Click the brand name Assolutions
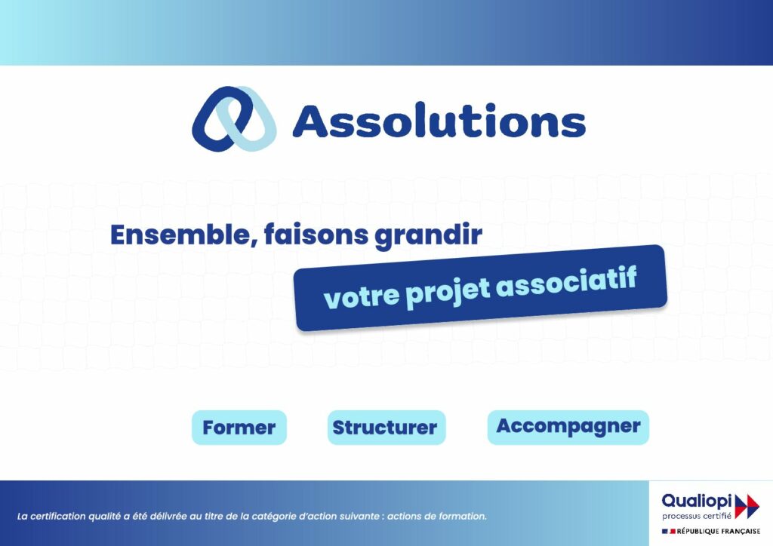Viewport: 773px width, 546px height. [439, 120]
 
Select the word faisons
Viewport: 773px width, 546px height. [316, 235]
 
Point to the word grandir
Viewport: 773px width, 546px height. [429, 235]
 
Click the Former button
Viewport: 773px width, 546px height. [239, 428]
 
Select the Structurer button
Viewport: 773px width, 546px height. [386, 428]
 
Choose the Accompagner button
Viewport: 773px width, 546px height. [568, 427]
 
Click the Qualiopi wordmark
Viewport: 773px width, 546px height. [697, 502]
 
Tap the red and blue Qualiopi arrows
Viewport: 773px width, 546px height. [747, 507]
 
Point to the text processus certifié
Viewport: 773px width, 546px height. [697, 516]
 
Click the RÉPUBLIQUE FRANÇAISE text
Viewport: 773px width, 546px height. [719, 532]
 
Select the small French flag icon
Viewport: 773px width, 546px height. [669, 532]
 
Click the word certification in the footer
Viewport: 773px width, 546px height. [58, 517]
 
